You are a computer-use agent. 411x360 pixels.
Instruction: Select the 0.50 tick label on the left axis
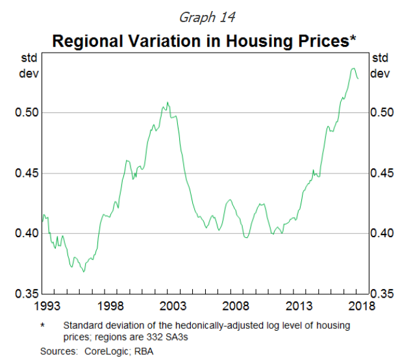click(x=27, y=112)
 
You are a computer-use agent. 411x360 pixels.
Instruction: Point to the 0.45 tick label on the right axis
click(x=382, y=173)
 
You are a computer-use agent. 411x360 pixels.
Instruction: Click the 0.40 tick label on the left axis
click(x=27, y=233)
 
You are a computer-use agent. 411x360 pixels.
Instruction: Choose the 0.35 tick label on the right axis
click(x=382, y=293)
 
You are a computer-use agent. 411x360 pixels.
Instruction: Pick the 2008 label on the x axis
click(x=237, y=305)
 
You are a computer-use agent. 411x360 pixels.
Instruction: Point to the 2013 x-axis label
click(x=300, y=305)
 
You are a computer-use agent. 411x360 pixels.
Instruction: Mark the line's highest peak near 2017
click(x=353, y=68)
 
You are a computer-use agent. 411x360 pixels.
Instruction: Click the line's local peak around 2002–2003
click(x=168, y=103)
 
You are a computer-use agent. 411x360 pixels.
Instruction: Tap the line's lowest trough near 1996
click(x=84, y=271)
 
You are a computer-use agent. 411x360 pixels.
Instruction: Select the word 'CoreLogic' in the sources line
click(x=109, y=351)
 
